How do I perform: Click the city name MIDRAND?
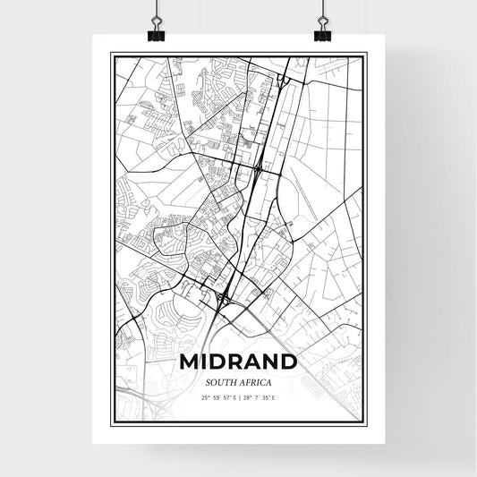(238, 362)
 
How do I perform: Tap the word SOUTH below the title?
(220, 382)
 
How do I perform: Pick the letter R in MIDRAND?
(232, 362)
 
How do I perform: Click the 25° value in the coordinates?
(207, 397)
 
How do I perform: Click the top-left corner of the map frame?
(112, 55)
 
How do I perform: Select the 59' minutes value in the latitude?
(216, 397)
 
